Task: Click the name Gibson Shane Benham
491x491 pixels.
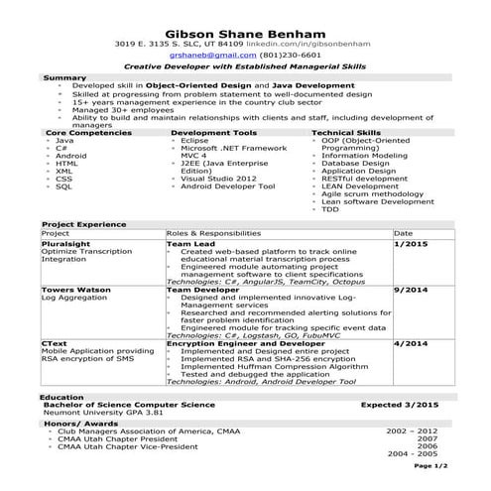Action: tap(244, 29)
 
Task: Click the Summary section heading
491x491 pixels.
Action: tap(64, 77)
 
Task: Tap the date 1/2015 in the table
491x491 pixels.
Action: tap(410, 243)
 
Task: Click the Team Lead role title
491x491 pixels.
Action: tap(190, 243)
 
